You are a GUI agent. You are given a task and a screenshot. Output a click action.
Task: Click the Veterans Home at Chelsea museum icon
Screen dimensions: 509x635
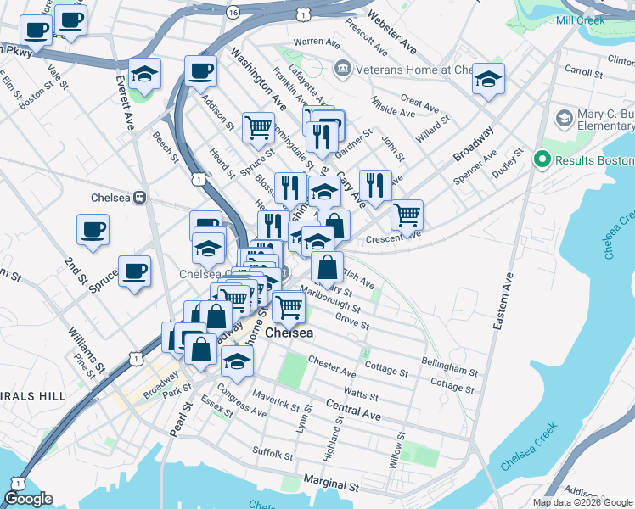click(343, 68)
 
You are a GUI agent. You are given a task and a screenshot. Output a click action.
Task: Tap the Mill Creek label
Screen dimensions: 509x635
click(581, 20)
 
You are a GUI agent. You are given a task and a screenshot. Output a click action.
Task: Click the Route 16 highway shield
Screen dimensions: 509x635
click(233, 12)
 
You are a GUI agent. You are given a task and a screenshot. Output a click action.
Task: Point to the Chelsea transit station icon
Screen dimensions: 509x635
click(141, 198)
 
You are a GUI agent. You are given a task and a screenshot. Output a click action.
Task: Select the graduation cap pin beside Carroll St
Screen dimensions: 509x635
click(488, 79)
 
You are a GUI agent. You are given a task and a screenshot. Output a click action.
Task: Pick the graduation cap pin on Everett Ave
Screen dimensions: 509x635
click(145, 74)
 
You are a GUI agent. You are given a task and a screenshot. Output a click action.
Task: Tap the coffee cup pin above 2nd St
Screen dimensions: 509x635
click(93, 228)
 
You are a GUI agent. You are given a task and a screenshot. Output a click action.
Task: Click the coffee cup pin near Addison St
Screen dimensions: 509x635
click(200, 70)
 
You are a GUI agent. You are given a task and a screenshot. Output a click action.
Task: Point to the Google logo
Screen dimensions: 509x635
click(28, 499)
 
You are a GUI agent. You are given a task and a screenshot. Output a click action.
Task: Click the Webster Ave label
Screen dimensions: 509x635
click(392, 30)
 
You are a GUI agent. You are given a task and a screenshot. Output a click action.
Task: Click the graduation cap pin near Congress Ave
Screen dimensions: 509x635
click(238, 361)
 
